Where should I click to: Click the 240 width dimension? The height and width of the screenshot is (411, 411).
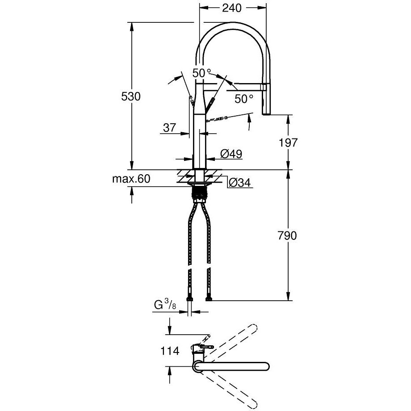coord(232,8)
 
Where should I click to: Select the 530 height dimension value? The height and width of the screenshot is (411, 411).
coord(131,96)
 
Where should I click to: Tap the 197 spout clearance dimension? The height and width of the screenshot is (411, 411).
coord(288,143)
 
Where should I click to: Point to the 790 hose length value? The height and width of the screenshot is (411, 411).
coord(287,235)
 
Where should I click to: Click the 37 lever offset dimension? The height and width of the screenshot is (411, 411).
coord(169,128)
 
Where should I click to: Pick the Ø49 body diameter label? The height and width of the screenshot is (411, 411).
coord(231,154)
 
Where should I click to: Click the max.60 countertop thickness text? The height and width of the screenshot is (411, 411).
coord(131,179)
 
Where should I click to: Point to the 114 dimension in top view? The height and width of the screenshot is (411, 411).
coord(170,351)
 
